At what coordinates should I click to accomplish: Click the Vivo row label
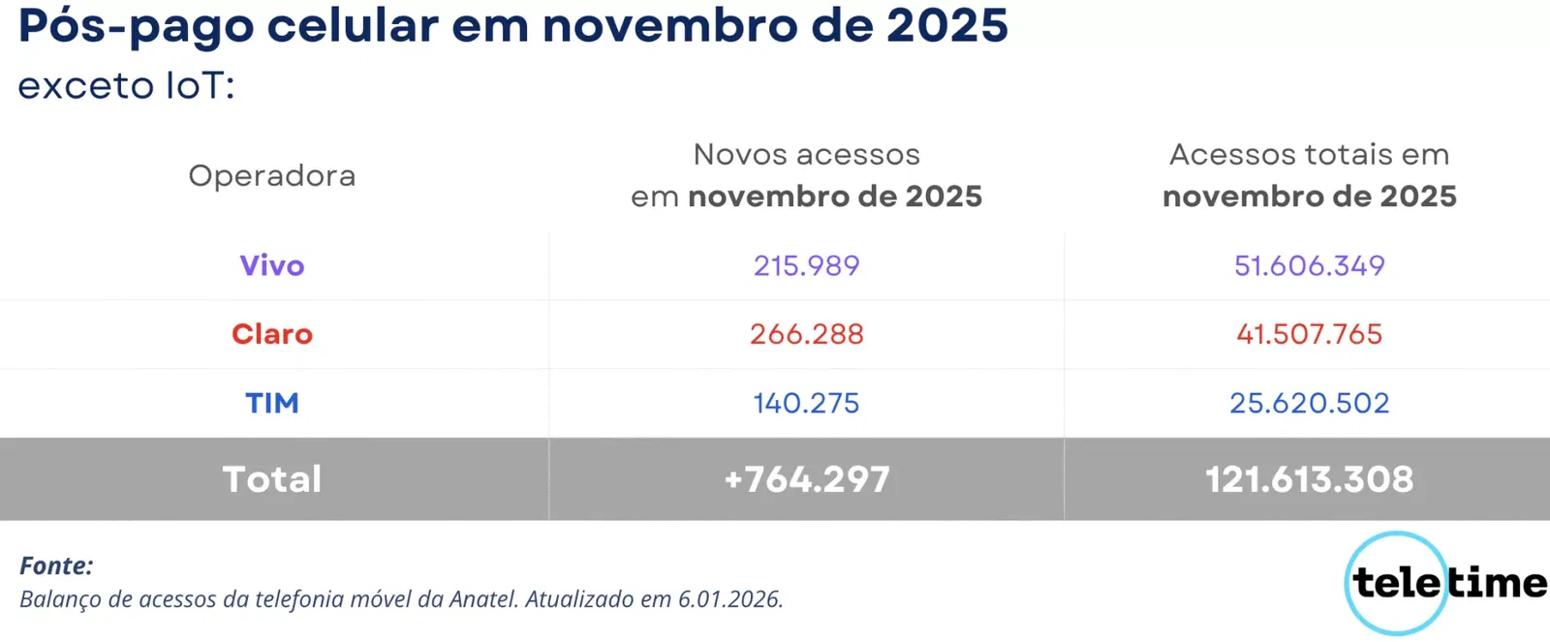(272, 265)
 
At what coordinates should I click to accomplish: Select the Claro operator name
(272, 334)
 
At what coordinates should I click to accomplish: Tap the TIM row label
(272, 403)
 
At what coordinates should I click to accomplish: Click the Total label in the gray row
(272, 479)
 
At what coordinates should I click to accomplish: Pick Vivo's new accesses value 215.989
(806, 265)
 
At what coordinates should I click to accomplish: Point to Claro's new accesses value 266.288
(806, 334)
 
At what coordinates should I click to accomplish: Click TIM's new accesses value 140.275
(806, 403)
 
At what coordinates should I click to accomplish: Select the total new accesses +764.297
(806, 479)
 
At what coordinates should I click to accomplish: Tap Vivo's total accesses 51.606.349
(1309, 265)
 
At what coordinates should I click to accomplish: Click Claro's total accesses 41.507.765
(1309, 334)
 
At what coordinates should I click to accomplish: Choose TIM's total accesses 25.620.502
(1309, 403)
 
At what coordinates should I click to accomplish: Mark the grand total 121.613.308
(1309, 479)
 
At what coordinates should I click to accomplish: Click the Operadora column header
(272, 175)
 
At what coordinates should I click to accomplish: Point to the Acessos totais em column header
(1309, 155)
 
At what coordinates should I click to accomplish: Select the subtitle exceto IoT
(126, 86)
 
